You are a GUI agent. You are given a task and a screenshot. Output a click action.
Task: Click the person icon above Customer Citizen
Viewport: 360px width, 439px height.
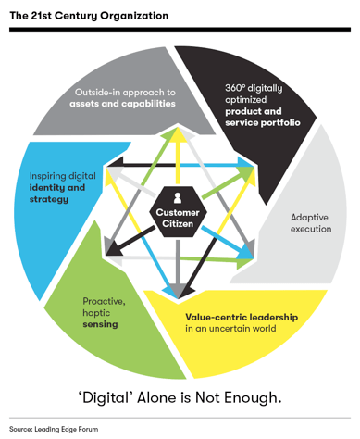pos(178,198)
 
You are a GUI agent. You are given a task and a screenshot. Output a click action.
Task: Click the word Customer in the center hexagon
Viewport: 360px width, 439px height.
pos(178,212)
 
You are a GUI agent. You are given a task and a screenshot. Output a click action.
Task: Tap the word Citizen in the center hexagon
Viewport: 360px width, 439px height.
pos(178,223)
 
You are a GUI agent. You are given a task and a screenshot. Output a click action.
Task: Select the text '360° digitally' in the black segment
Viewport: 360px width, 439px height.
pos(254,88)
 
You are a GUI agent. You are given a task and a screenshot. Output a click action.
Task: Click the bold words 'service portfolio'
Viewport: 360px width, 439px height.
pos(263,122)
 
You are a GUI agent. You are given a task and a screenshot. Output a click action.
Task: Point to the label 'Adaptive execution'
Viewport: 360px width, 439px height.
pos(311,223)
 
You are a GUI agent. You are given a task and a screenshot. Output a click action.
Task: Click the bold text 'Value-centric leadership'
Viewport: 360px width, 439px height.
pos(242,317)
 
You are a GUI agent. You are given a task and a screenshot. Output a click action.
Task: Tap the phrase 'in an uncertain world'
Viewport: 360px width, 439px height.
pos(230,328)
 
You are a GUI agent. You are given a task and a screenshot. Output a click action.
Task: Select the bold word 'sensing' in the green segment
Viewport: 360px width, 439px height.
pos(100,324)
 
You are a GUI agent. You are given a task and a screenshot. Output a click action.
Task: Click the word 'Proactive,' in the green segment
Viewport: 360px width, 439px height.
pos(104,301)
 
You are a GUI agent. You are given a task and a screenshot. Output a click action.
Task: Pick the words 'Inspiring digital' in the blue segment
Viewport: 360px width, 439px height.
pos(63,176)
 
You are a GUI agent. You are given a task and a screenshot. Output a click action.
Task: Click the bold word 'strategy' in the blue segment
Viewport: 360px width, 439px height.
pos(49,199)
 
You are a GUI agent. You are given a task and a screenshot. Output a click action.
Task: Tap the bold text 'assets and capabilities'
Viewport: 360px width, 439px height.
pos(122,104)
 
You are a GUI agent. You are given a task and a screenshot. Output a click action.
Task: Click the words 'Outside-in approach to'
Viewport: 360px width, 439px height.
pos(125,93)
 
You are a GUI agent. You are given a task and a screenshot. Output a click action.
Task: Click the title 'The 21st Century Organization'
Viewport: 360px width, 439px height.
pos(89,16)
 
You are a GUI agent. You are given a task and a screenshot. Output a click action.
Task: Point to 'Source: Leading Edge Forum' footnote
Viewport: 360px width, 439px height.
pos(54,429)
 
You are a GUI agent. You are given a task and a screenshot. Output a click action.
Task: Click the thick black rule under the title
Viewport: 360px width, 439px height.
pos(180,30)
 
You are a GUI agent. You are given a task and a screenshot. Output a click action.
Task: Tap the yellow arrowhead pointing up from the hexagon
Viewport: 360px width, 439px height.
pos(178,134)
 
